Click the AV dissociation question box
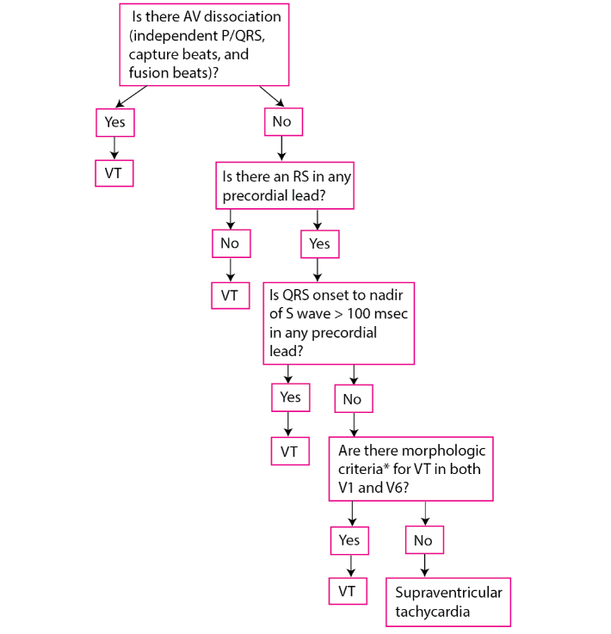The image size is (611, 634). (204, 45)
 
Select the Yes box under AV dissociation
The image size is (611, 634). (115, 122)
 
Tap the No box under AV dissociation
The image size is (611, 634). (283, 121)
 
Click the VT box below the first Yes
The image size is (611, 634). (114, 174)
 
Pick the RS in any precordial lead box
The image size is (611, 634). (285, 186)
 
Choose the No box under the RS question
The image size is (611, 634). (231, 243)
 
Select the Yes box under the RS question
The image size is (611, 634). (320, 243)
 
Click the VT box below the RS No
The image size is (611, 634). (231, 296)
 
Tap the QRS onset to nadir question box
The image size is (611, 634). (339, 323)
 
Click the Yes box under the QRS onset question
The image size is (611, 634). (291, 397)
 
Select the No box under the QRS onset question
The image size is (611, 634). (354, 398)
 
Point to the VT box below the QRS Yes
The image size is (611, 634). (290, 452)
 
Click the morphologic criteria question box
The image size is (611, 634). (411, 469)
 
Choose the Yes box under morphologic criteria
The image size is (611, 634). (349, 540)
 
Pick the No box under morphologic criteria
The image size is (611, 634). (424, 539)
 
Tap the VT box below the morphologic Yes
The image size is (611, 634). (349, 591)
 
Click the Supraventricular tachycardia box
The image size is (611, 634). (448, 602)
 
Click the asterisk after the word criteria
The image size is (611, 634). (386, 465)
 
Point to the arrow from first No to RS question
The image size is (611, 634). (282, 148)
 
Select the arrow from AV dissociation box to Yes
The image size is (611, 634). (131, 96)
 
